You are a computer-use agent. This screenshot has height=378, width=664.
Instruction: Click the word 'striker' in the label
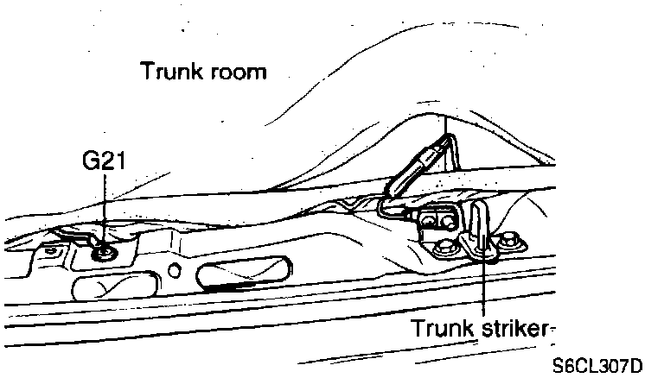click(514, 328)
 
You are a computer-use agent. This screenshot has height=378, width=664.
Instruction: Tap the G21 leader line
click(105, 207)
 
